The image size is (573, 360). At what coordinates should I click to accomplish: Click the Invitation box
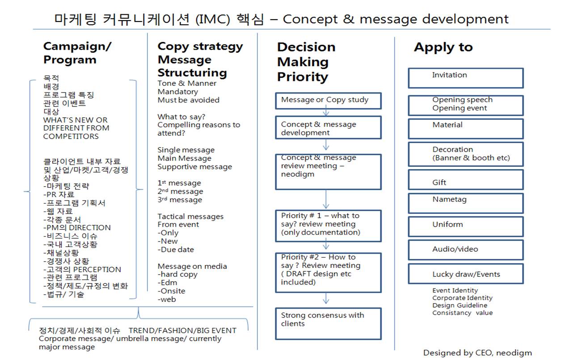tap(465, 78)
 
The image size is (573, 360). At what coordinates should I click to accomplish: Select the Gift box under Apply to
tap(465, 180)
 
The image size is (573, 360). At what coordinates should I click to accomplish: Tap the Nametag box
tap(465, 203)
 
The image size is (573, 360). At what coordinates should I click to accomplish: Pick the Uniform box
tap(465, 227)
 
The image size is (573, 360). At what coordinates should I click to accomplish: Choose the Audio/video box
tap(465, 250)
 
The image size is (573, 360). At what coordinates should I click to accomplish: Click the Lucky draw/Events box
tap(465, 274)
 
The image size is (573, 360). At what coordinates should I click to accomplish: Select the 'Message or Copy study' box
tap(328, 101)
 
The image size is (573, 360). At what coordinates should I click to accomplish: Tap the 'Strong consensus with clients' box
tap(328, 323)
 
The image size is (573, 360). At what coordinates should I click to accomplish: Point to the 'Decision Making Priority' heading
tap(306, 62)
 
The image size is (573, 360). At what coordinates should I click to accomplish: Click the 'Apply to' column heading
tap(443, 47)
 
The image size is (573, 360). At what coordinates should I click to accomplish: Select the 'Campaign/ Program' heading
tap(77, 53)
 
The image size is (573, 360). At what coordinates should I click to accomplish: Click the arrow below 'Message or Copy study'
tap(326, 112)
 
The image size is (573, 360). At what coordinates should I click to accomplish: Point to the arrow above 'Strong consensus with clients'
tap(326, 299)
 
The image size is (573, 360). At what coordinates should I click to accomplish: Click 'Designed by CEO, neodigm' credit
tap(477, 353)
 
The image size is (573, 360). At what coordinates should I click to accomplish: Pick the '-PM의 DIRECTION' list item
tap(77, 228)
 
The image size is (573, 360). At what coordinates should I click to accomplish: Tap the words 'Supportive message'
tap(195, 167)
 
